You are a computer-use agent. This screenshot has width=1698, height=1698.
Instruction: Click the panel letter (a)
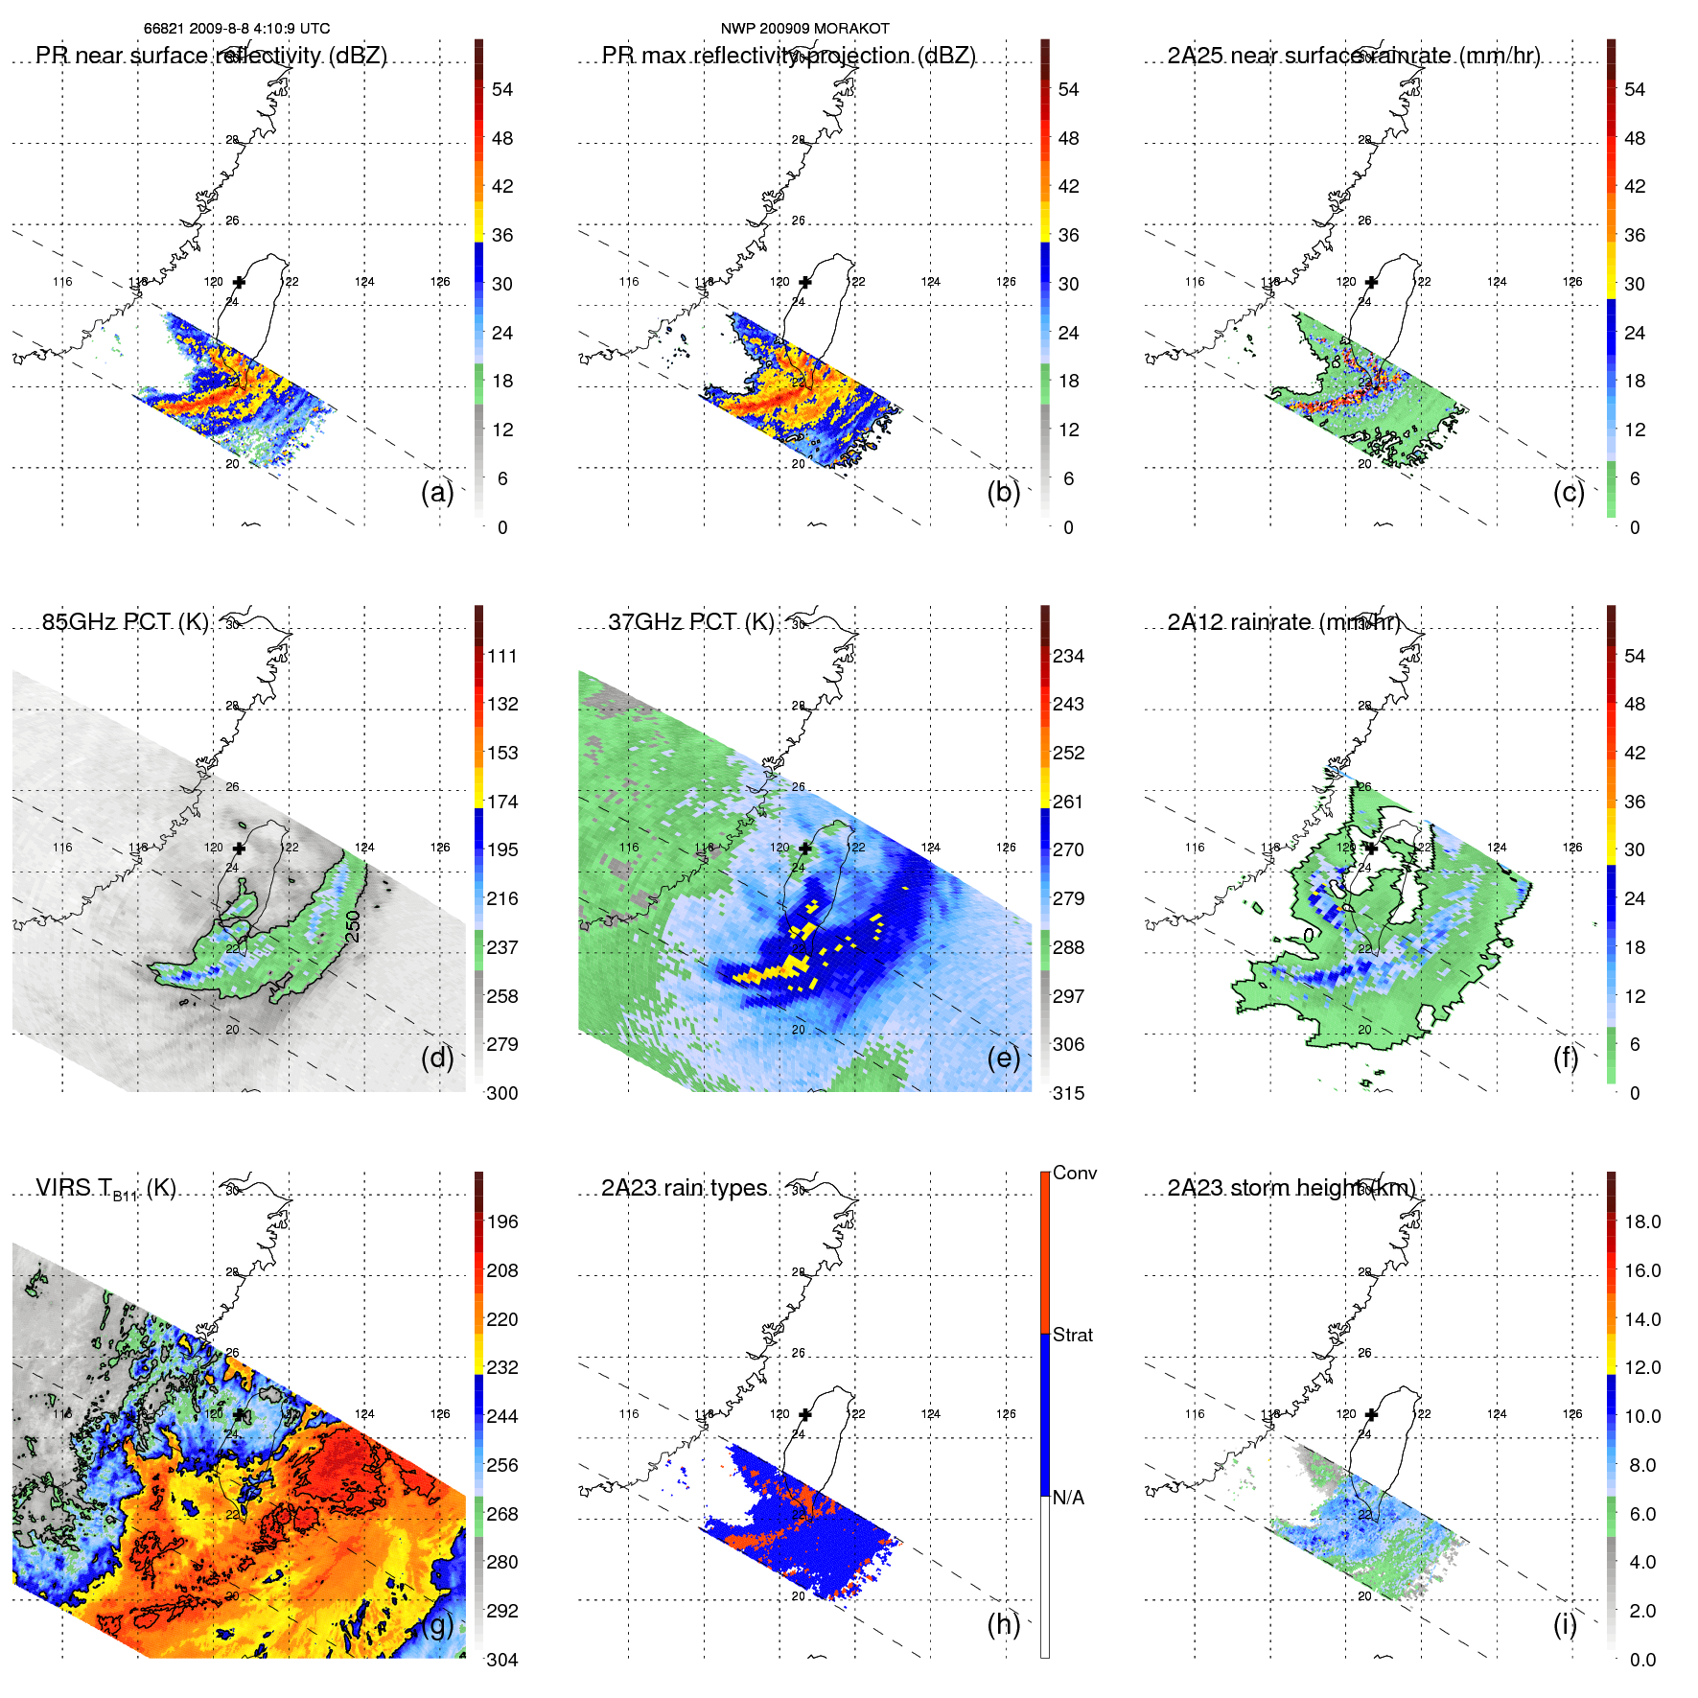click(437, 493)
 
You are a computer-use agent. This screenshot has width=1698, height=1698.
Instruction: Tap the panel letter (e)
click(1003, 1058)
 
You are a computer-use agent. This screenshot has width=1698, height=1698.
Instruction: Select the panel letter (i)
click(1565, 1625)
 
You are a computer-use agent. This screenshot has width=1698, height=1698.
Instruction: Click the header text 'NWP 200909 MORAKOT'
click(804, 29)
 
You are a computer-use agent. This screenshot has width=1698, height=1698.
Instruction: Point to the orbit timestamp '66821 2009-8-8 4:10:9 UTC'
click(237, 29)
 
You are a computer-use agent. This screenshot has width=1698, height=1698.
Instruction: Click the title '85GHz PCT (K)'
click(125, 622)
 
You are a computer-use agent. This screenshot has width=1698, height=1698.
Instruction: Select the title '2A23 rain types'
click(685, 1188)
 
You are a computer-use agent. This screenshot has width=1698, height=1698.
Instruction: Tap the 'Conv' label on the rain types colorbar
click(1075, 1173)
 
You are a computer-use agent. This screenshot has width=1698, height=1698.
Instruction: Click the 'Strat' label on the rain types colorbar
click(1073, 1335)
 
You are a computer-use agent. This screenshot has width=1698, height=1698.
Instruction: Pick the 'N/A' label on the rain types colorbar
click(1068, 1498)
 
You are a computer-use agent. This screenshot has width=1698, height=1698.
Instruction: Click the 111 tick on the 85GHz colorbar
click(502, 656)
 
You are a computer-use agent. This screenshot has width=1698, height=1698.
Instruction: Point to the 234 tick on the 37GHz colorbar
click(1068, 656)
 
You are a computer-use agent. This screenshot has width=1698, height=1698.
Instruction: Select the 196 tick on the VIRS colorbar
click(502, 1221)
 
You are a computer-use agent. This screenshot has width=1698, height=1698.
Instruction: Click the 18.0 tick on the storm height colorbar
click(1642, 1221)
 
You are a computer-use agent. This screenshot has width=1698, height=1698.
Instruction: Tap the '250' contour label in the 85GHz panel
click(354, 926)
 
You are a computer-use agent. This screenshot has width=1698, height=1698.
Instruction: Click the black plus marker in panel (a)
click(239, 282)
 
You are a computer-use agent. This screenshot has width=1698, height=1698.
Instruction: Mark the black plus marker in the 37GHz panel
click(805, 848)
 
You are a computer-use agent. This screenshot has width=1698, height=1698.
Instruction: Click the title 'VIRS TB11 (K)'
click(105, 1189)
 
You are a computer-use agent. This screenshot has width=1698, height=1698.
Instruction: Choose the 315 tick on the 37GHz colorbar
click(1068, 1093)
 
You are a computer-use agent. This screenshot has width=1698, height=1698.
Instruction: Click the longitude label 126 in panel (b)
click(1006, 282)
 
